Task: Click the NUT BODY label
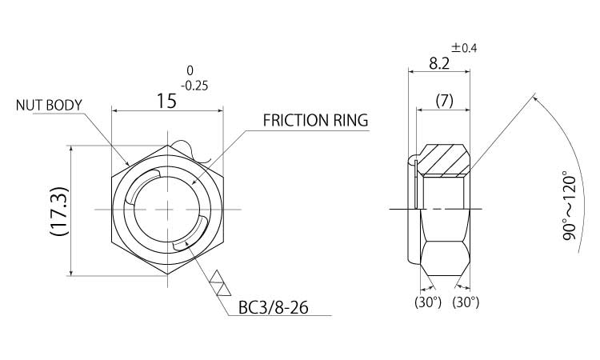pos(50,105)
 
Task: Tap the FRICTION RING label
pos(315,122)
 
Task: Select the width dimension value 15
pos(166,101)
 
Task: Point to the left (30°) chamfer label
pos(427,302)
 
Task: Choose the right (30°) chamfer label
pos(466,302)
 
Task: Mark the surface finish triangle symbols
pos(218,283)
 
